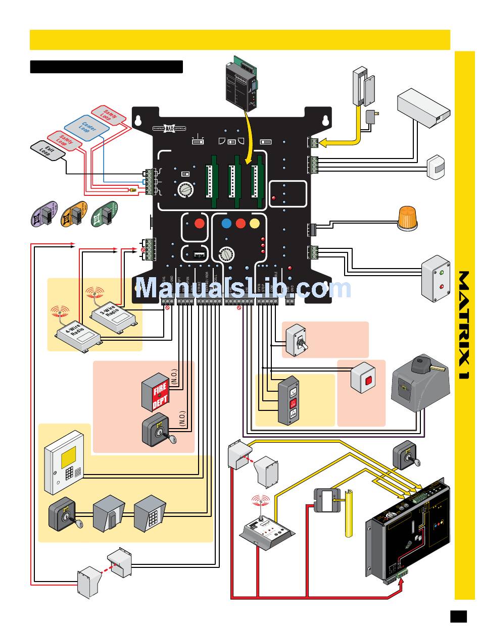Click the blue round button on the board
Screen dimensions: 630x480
[x=226, y=223]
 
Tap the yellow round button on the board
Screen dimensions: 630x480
[x=254, y=223]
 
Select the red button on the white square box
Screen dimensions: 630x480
[x=368, y=380]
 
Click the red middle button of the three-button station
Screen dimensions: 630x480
[x=292, y=403]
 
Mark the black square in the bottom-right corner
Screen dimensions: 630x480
[x=458, y=616]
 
